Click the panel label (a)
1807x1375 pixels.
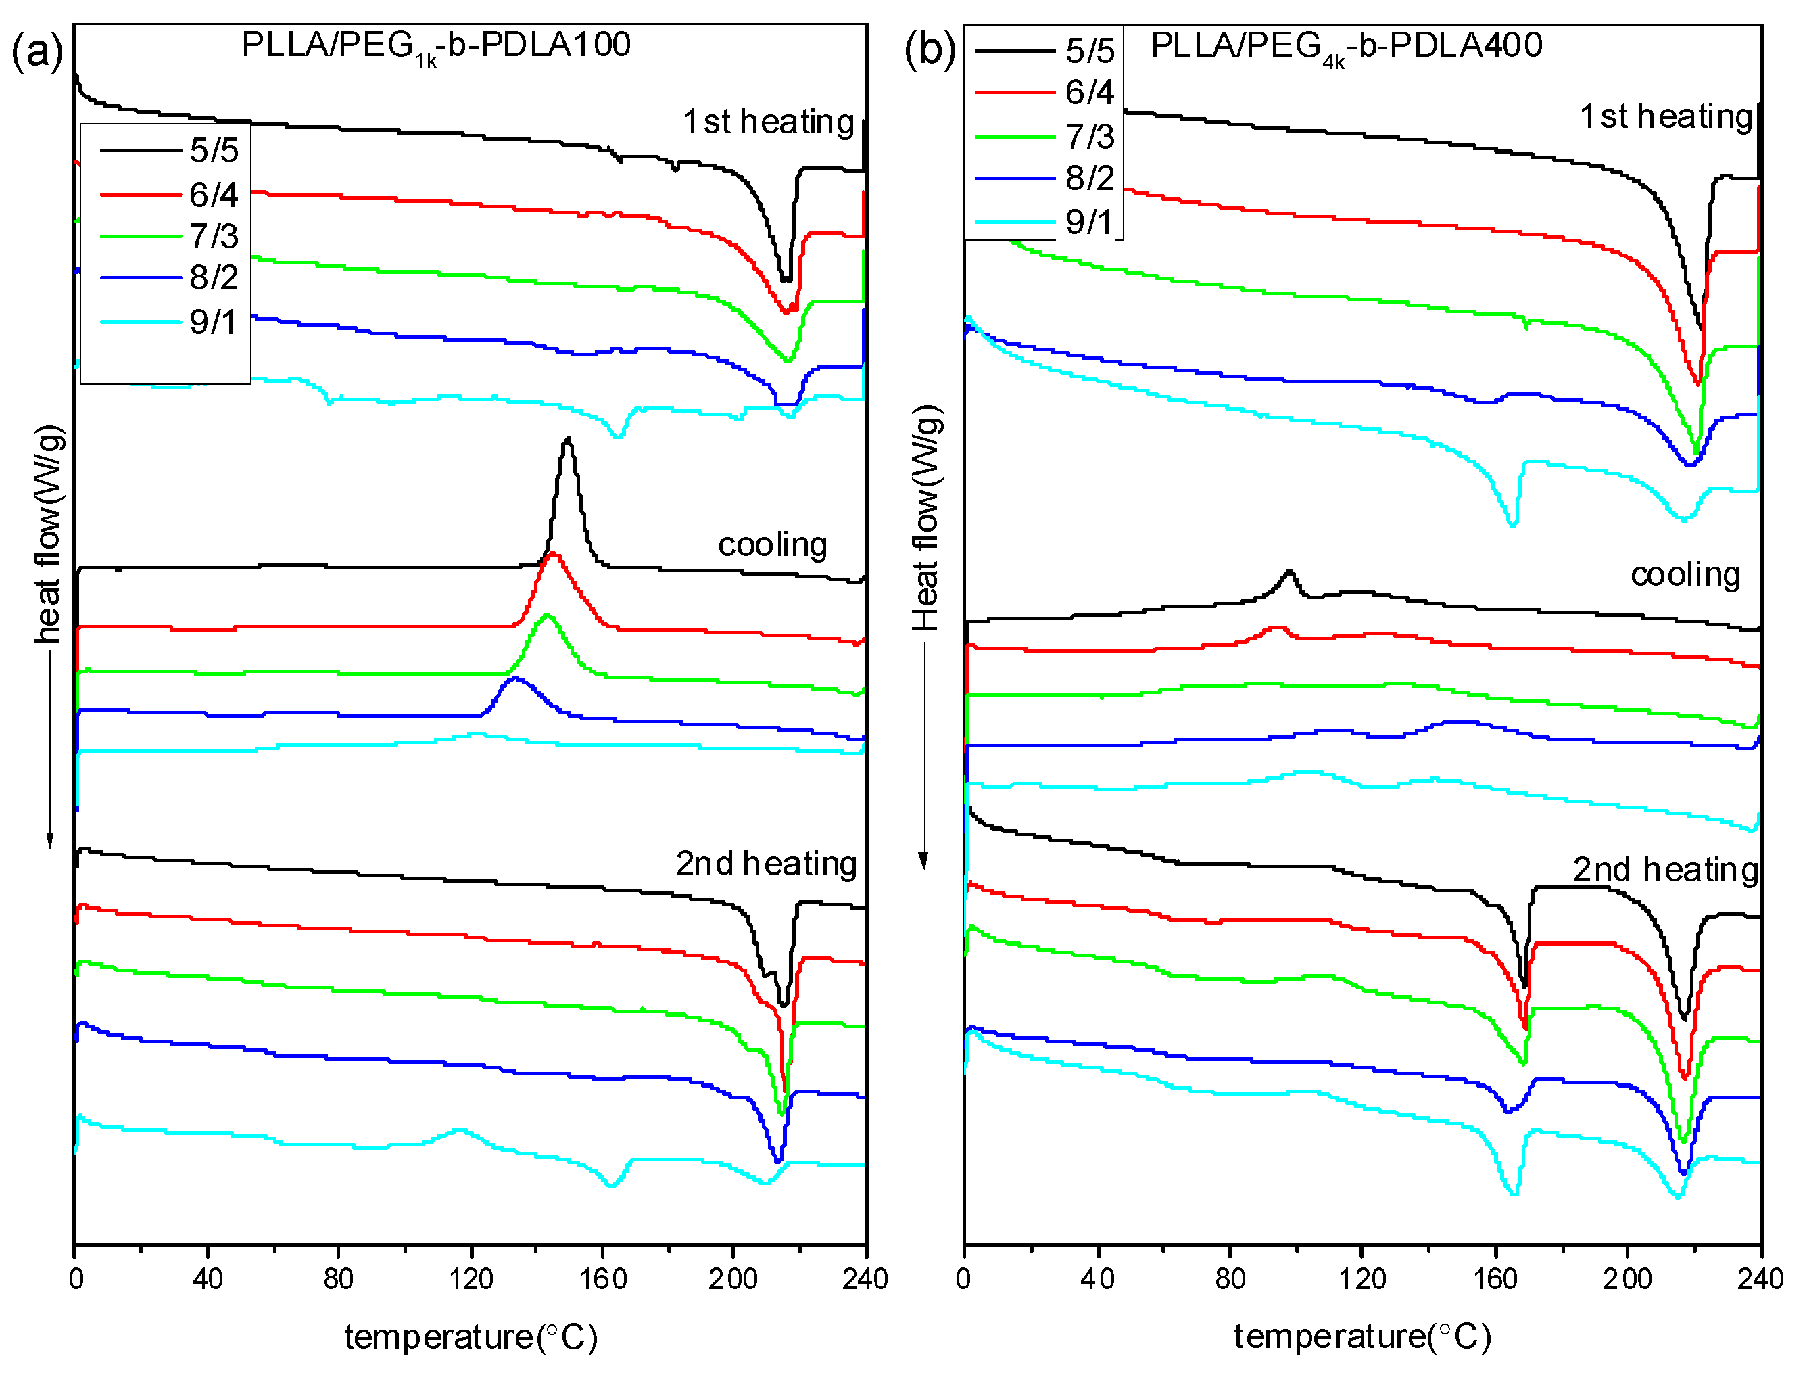(37, 51)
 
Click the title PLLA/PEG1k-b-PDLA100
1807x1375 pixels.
(436, 46)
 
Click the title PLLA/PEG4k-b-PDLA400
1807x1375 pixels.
(1347, 47)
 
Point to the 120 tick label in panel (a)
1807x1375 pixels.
(471, 1278)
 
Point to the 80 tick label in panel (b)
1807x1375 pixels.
(1230, 1278)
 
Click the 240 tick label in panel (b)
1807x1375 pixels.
(1760, 1278)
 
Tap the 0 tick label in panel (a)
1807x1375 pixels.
(76, 1278)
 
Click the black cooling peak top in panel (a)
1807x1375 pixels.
(568, 441)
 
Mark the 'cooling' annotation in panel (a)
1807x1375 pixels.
(772, 545)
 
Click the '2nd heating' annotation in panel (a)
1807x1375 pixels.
(766, 864)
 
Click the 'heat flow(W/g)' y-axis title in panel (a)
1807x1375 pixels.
(48, 534)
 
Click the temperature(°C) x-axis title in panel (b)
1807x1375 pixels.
(1363, 1336)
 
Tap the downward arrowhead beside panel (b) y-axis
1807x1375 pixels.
(923, 861)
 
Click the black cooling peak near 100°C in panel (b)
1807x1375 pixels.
(1290, 572)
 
